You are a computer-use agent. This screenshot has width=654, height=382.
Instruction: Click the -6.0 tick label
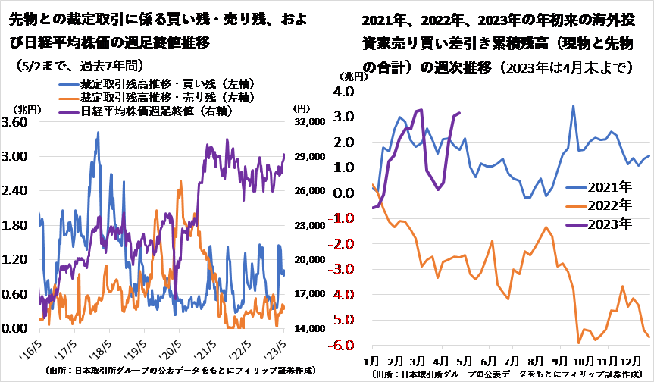pyautogui.click(x=342, y=346)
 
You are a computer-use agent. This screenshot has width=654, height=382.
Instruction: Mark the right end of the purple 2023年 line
pyautogui.click(x=460, y=113)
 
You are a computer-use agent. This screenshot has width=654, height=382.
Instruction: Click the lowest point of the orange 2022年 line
pyautogui.click(x=578, y=343)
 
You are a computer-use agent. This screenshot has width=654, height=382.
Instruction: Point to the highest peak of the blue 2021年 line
pyautogui.click(x=573, y=106)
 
